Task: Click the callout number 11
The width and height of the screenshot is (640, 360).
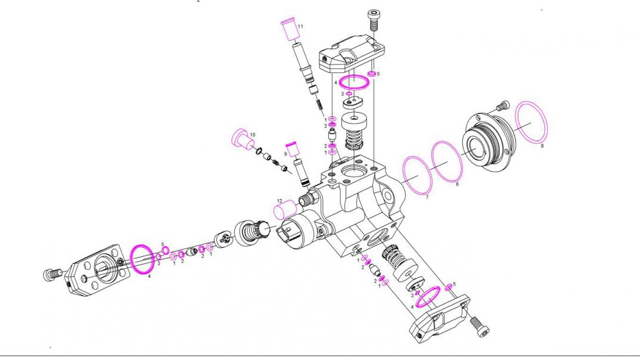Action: coord(301,27)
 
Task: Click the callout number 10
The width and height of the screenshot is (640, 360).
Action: coord(252,135)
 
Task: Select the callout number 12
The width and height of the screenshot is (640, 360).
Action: coord(279,201)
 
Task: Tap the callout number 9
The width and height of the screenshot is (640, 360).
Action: coord(285,153)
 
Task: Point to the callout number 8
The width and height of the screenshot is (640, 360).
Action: coord(542,145)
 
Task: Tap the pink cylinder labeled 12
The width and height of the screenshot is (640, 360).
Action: coord(285,210)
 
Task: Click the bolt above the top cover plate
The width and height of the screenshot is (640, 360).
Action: coord(374,19)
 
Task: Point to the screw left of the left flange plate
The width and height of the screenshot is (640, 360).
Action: coord(52,274)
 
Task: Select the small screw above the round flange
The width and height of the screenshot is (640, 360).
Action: coord(501,106)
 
